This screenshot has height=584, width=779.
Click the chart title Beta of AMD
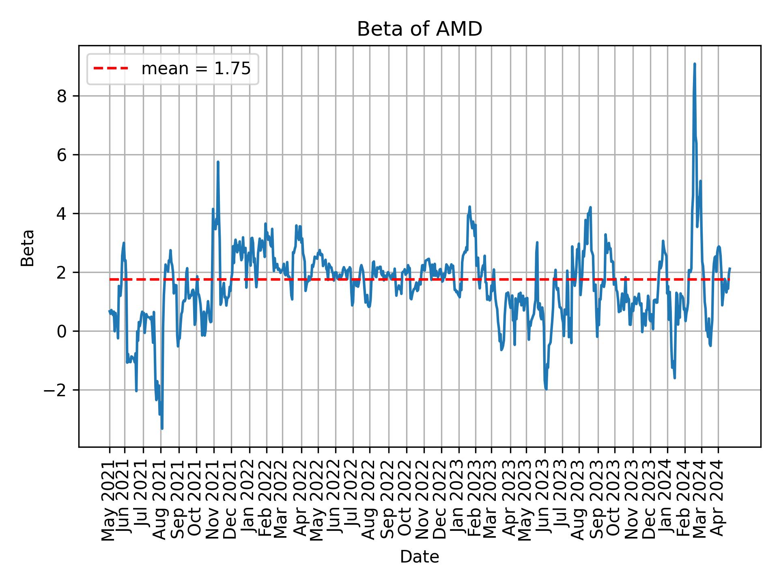[419, 29]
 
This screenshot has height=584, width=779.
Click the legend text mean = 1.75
[196, 69]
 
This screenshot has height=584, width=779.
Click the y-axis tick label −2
[57, 390]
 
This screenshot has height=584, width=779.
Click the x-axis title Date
[419, 557]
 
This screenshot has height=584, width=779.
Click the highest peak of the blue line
[695, 64]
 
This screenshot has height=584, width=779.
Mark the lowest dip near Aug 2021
[162, 428]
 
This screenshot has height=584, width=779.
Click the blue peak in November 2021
[218, 162]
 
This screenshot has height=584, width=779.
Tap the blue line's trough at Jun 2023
[546, 389]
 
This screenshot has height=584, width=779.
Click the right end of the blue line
[730, 268]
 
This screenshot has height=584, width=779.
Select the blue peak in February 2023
[469, 207]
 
